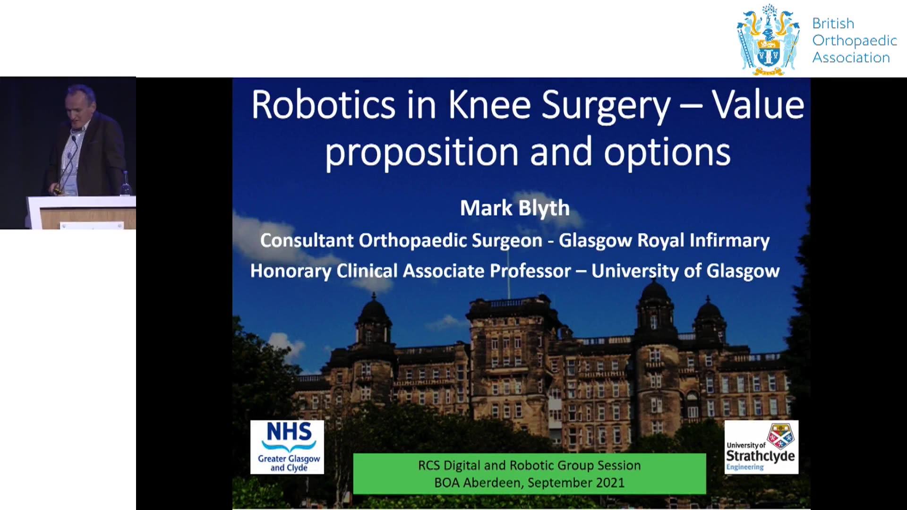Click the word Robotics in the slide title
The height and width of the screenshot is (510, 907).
tap(324, 104)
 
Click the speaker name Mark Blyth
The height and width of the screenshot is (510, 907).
tap(515, 208)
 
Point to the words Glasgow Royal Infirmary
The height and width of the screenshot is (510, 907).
tap(664, 240)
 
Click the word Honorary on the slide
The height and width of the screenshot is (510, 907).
tap(291, 271)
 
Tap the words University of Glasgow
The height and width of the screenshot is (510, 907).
tap(685, 271)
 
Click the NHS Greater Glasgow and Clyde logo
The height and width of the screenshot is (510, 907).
tap(287, 447)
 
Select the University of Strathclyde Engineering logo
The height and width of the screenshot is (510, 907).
tap(761, 447)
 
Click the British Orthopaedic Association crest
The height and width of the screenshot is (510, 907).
tap(768, 40)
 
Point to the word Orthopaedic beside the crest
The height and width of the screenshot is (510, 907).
tap(855, 41)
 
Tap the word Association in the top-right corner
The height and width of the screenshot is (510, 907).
tap(851, 58)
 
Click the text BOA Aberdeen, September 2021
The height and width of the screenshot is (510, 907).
tap(530, 483)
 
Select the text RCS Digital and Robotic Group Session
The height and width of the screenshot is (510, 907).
tap(530, 466)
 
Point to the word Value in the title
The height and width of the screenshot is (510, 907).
tap(758, 104)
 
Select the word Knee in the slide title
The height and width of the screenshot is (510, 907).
tap(489, 104)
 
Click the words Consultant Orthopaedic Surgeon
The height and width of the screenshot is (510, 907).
tap(401, 240)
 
